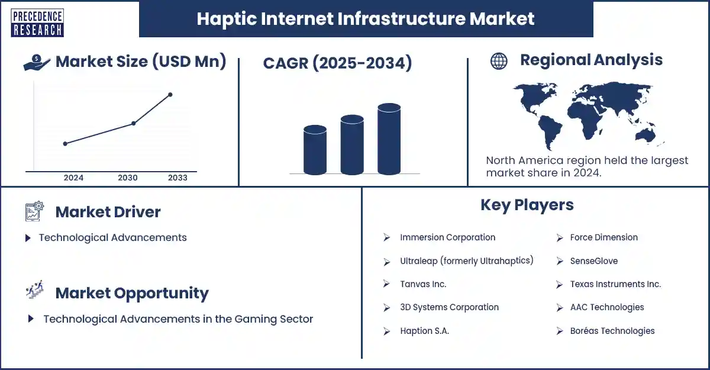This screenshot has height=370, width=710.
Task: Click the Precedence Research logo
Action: point(37,22)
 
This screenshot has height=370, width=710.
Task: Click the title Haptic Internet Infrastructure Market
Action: point(366,19)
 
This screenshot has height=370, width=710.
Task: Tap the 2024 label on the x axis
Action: point(73,178)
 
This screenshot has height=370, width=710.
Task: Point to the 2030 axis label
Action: point(128,178)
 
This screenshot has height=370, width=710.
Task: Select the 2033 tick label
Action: point(177,178)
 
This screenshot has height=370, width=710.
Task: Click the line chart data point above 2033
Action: point(170,95)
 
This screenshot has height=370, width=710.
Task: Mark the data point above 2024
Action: point(65,143)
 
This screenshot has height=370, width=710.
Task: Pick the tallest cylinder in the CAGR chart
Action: point(389,139)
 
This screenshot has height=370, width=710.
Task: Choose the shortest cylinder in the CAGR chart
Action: point(315,149)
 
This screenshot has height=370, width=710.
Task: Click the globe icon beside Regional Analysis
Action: point(499,61)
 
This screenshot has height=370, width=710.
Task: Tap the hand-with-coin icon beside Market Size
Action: point(37,62)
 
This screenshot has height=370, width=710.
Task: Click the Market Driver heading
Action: point(108,212)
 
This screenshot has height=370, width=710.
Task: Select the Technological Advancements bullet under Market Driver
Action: point(112,237)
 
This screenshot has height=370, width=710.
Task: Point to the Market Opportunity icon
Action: point(34,292)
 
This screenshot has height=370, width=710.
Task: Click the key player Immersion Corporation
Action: point(447,237)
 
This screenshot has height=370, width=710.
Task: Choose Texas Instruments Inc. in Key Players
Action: point(615,284)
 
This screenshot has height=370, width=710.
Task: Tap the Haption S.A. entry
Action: point(424,331)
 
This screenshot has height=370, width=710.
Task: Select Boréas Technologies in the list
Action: point(612,331)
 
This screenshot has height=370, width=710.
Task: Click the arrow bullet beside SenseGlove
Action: point(560,261)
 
